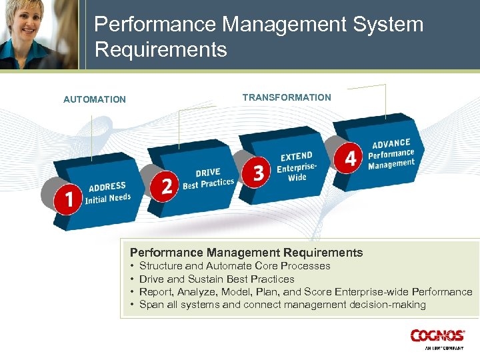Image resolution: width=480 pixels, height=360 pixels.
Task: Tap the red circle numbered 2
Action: (167, 185)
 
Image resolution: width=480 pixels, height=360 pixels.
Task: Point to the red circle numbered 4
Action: (350, 158)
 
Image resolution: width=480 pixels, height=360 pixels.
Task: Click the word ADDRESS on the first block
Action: (107, 187)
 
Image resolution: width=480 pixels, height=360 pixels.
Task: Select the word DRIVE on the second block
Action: (208, 173)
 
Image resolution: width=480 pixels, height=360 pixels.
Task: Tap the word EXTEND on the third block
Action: (297, 157)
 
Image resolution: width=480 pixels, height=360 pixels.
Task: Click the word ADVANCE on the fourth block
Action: (391, 143)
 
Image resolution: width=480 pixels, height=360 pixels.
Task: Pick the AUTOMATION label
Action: (95, 99)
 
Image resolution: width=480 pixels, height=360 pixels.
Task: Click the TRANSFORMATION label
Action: (287, 97)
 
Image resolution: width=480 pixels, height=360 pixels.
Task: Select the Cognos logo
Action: (438, 335)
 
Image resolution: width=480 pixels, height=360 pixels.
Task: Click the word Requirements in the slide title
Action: (161, 49)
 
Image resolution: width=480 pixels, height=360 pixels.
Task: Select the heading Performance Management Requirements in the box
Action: (246, 253)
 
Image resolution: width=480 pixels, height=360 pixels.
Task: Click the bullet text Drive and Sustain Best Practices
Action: (217, 279)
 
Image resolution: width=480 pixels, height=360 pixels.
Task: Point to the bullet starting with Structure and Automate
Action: (235, 266)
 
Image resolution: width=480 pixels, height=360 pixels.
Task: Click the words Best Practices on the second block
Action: (209, 183)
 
